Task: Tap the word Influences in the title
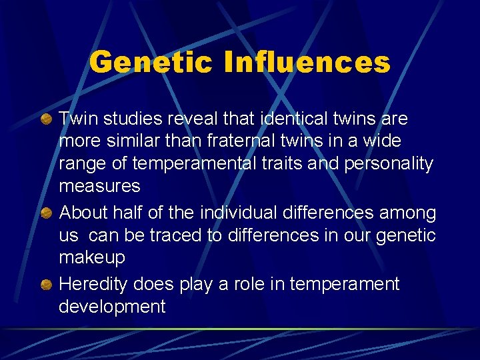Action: [x=307, y=63]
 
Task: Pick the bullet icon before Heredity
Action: [x=47, y=285]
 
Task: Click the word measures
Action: [x=99, y=186]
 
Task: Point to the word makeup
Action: [x=92, y=258]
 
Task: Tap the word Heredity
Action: [x=93, y=284]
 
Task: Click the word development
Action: [x=112, y=307]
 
